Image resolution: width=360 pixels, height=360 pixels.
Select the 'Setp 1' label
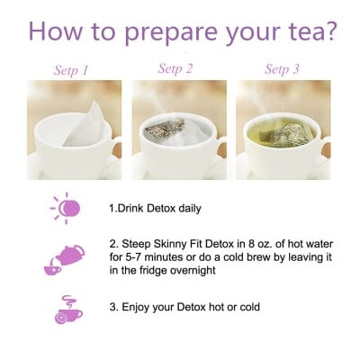[x=72, y=68]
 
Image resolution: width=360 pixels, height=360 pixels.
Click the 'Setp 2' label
[x=175, y=68]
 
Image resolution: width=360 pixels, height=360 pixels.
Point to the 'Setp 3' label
[x=282, y=68]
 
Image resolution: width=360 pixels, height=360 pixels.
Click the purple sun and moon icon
[x=66, y=208]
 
